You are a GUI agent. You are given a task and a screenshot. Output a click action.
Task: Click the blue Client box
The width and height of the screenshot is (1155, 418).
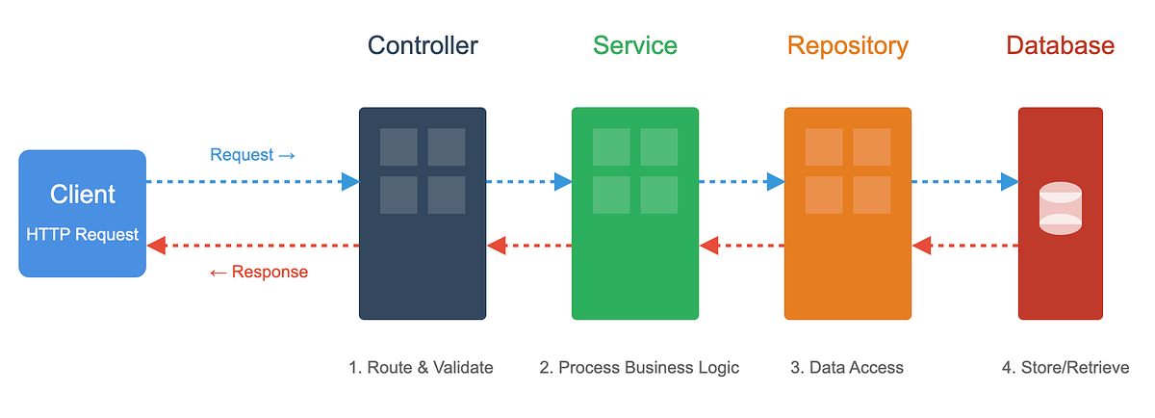pos(83,214)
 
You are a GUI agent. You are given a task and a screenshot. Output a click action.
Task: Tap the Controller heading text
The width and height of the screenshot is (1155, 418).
pos(423,45)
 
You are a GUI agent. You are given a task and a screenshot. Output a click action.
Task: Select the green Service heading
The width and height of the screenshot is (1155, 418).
pos(634,45)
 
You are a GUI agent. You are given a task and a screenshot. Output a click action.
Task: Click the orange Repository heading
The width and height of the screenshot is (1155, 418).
pos(847,45)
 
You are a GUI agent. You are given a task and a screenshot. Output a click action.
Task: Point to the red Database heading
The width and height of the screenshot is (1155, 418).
pos(1060,45)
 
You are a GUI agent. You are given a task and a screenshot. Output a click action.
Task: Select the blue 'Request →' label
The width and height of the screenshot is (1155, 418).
pos(252,155)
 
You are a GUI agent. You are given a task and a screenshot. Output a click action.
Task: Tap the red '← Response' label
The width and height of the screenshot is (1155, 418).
pos(258,272)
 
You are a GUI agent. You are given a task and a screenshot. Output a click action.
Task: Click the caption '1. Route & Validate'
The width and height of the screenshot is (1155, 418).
pos(421,367)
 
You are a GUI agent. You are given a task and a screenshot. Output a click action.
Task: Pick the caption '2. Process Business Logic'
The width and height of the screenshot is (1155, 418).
pos(639,367)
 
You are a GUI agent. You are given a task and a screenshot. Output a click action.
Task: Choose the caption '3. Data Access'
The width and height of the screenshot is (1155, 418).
pos(847,367)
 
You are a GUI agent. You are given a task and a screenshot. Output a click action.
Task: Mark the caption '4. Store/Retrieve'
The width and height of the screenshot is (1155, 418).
pos(1065,367)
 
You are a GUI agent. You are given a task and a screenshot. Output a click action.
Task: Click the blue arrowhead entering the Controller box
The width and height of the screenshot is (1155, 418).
pos(350,181)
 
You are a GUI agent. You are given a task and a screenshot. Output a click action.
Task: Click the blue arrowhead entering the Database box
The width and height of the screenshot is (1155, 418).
pos(1009,181)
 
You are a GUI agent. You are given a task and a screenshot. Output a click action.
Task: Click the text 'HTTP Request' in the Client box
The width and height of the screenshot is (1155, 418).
pos(83,234)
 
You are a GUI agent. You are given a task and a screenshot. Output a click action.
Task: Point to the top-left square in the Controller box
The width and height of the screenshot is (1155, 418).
pos(398,147)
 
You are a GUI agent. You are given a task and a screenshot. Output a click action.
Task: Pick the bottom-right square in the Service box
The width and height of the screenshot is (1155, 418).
pos(659,195)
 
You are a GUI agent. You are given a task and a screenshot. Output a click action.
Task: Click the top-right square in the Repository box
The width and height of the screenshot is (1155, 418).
pos(872,147)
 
